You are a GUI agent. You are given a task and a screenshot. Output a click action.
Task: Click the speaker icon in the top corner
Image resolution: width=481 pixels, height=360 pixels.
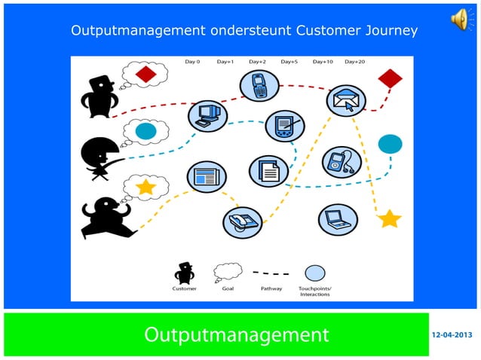coord(460,20)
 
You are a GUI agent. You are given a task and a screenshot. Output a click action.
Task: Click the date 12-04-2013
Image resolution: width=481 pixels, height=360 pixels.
coord(452,334)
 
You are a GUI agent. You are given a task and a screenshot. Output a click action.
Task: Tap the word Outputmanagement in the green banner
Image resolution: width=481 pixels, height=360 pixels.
coord(237,334)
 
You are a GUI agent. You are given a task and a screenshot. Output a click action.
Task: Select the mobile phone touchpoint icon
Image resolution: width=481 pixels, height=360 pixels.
coord(257,86)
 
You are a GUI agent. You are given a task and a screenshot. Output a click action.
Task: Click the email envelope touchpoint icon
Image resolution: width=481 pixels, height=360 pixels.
coord(346,100)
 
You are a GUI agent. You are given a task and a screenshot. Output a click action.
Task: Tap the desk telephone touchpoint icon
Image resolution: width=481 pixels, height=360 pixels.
coord(242,222)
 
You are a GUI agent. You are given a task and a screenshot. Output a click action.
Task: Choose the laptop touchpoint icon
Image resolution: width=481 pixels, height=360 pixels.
coord(336,220)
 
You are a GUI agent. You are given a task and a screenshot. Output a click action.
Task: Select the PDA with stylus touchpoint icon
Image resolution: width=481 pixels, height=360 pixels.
coord(285,125)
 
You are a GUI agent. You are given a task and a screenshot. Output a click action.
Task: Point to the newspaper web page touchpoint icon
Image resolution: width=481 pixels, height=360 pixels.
coord(206,178)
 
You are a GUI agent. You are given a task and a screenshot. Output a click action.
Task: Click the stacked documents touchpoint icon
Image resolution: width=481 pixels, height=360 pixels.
coord(268,171)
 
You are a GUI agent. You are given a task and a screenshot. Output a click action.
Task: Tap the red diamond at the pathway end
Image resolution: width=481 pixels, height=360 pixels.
coord(390,78)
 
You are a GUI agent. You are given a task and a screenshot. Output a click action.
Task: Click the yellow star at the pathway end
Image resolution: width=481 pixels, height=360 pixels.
coord(389,219)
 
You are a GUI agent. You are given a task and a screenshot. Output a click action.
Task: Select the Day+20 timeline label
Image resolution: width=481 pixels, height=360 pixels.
coord(355,62)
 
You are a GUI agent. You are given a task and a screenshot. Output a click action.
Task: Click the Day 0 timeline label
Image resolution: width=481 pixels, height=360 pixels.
coord(192,62)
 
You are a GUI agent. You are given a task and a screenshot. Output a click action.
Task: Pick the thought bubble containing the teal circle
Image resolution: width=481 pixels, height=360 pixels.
coord(143,132)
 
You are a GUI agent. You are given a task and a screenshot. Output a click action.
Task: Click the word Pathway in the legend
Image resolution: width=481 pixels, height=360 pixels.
coord(271,288)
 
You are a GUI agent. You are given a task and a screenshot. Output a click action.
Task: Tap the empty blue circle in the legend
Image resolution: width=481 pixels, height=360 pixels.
coord(314,273)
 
